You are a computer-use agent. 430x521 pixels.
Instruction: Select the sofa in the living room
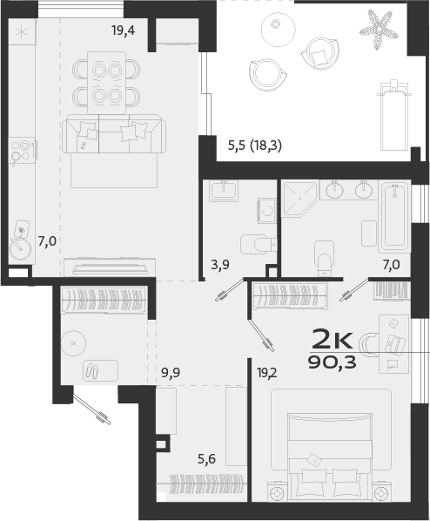pyautogui.click(x=112, y=137)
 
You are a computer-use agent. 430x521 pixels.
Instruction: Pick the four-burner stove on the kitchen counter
pyautogui.click(x=21, y=150)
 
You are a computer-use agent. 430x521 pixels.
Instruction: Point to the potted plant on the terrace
pyautogui.click(x=380, y=27)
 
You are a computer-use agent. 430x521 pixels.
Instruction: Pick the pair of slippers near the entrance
pyautogui.click(x=90, y=369)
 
